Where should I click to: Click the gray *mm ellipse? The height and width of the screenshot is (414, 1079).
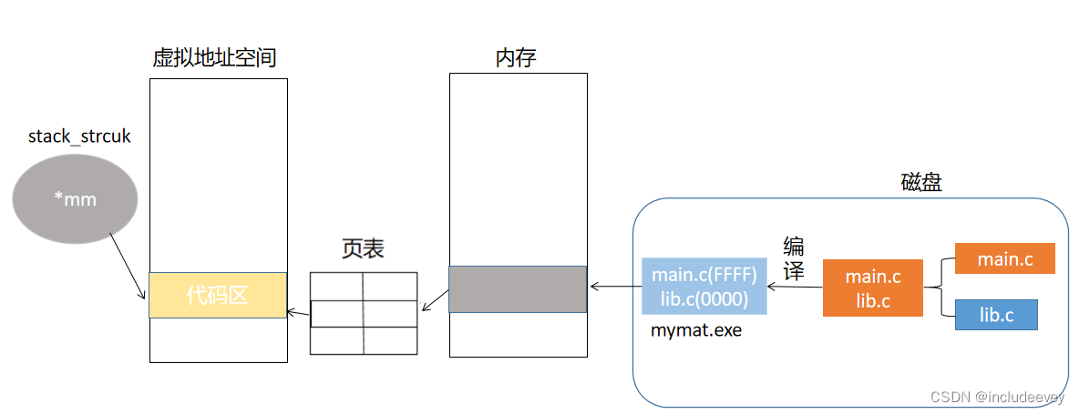point(75,199)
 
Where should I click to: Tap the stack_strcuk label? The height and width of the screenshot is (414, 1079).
point(79,136)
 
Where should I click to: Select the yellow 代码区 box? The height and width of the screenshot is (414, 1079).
point(218,295)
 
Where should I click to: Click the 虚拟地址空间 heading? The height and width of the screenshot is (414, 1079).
point(214,58)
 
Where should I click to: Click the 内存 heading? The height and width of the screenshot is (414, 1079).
point(516,58)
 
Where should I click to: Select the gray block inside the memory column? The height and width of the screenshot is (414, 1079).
point(518,289)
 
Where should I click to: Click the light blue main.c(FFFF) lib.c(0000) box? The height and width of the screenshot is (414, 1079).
point(704,285)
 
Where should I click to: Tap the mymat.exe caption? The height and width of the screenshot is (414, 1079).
point(696,330)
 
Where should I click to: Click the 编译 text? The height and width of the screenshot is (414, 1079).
point(794,258)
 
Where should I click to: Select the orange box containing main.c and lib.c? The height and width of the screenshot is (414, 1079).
point(873,288)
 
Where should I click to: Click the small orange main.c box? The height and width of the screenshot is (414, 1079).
point(1004,259)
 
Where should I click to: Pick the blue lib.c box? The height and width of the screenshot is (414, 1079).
point(996,315)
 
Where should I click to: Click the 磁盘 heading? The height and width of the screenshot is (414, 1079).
point(921,182)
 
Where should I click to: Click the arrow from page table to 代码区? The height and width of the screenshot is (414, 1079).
point(298,312)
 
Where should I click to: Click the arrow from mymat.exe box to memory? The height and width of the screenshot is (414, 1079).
point(615,287)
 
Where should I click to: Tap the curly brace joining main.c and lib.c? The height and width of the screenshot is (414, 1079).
point(939,288)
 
